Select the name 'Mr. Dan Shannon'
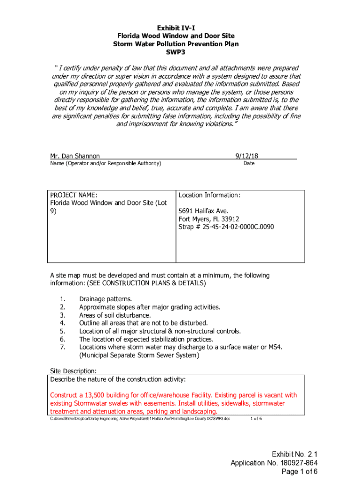75,156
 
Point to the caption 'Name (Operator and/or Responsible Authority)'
106,163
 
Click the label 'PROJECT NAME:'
73,195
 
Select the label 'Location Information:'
209,195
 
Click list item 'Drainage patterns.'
106,299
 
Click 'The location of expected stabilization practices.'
146,339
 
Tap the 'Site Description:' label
73,371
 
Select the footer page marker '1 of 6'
256,418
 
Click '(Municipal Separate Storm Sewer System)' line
139,355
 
